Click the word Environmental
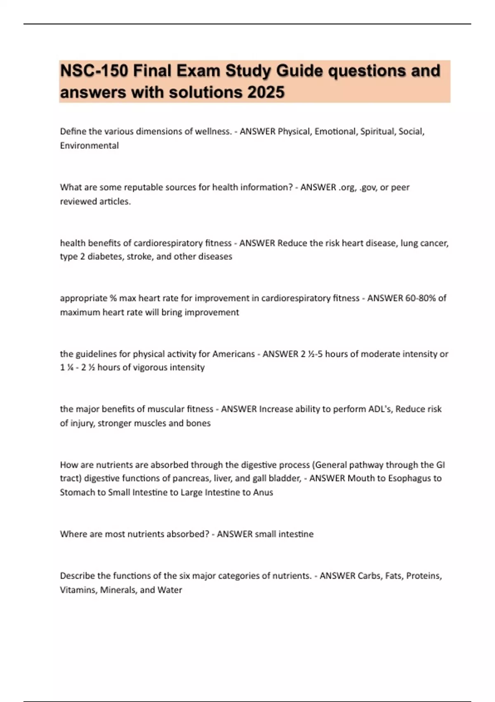click(x=89, y=145)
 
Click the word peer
click(x=400, y=187)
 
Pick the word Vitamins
click(x=78, y=590)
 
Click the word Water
click(x=170, y=590)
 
